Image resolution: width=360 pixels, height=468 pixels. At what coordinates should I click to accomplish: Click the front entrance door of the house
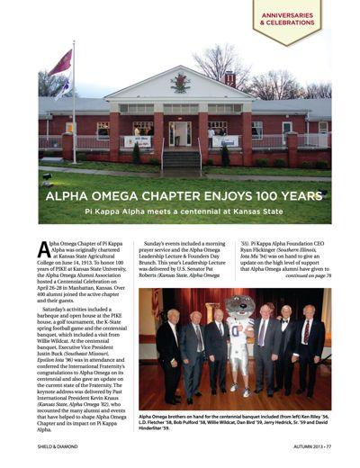click(x=181, y=133)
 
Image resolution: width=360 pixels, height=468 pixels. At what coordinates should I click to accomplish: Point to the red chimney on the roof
click(x=230, y=79)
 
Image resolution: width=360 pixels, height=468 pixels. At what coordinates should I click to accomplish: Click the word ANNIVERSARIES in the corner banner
click(x=287, y=15)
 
